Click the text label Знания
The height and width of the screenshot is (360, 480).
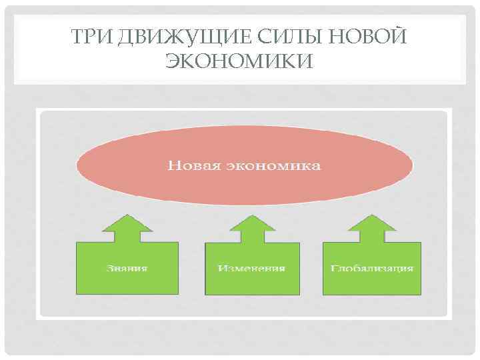tap(127, 269)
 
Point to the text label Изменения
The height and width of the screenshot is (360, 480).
tap(252, 269)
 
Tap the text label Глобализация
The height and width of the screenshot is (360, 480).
tap(372, 269)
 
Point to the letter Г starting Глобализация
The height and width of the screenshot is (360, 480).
tap(333, 269)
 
